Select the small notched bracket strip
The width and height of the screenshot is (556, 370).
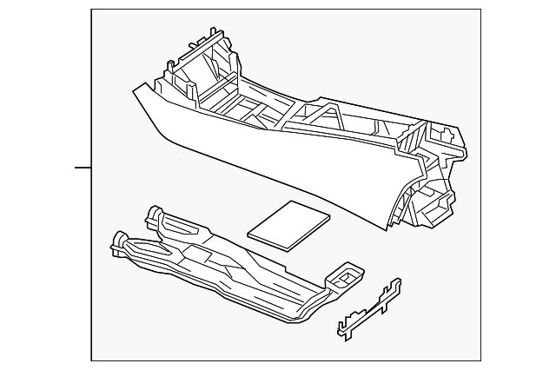[x=368, y=308]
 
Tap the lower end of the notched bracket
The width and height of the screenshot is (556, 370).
[x=341, y=330]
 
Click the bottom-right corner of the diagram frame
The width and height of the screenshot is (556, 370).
[x=480, y=360]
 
